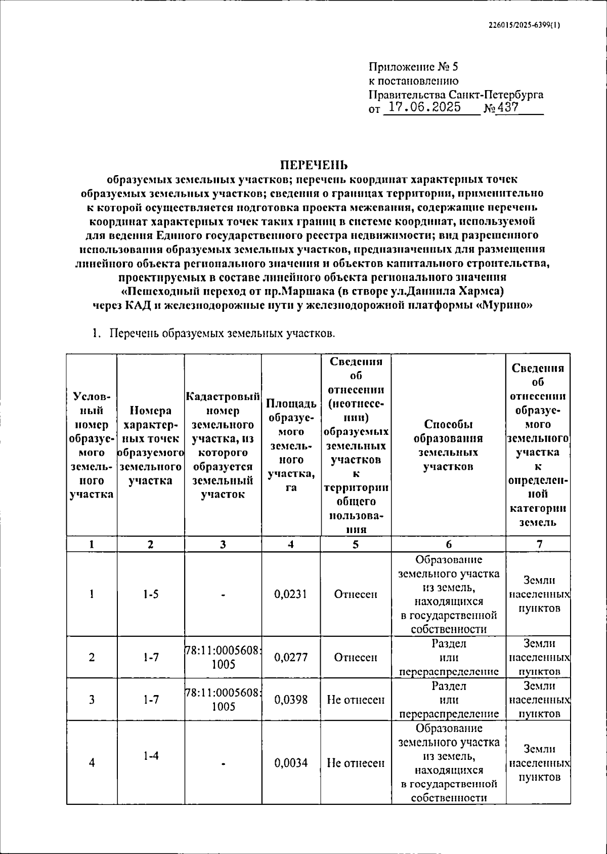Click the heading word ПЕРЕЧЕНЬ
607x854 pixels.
tap(315, 165)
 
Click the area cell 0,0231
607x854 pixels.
tap(291, 594)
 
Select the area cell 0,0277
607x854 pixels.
tap(291, 657)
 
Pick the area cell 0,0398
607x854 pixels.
tap(291, 700)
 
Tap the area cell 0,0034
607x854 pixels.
tap(291, 763)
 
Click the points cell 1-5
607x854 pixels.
tap(150, 594)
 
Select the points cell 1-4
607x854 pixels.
tap(150, 756)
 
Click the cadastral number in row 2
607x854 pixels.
tap(223, 658)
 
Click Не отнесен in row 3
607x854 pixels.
tap(356, 700)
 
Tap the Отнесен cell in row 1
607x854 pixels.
tap(356, 594)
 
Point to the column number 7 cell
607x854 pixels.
tap(539, 544)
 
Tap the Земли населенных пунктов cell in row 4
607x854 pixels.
tap(539, 763)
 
